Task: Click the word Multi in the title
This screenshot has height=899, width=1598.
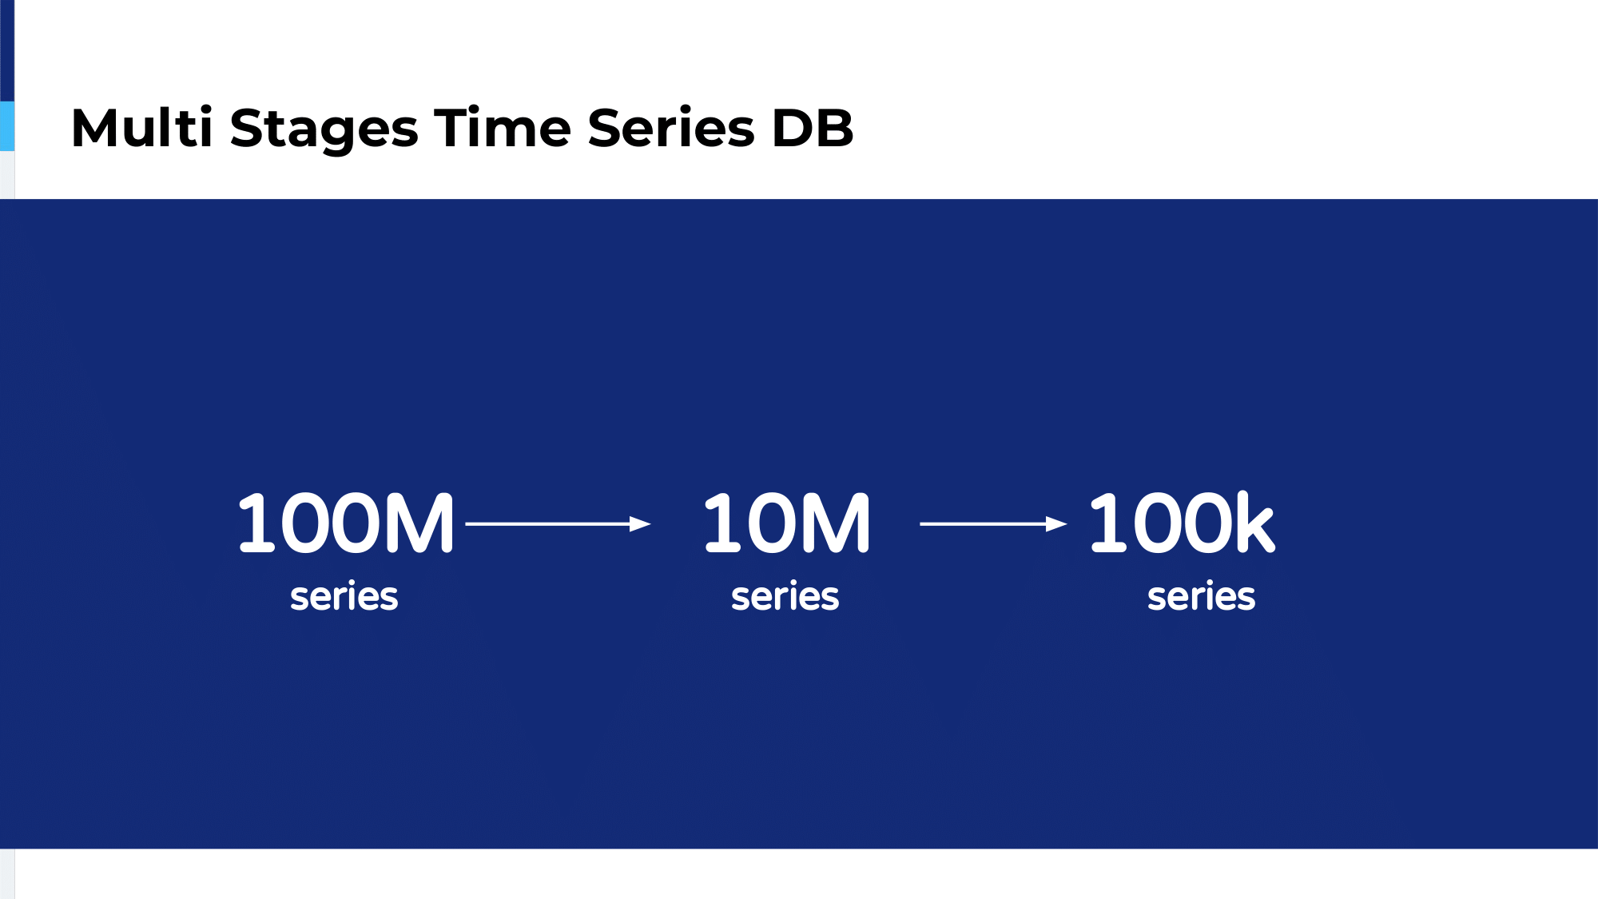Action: (x=142, y=127)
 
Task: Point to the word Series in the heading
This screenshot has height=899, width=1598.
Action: (x=671, y=127)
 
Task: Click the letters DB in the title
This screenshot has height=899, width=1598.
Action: (x=813, y=128)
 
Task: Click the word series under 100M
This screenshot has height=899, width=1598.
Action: (x=344, y=597)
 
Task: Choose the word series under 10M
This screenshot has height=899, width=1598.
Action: (x=785, y=597)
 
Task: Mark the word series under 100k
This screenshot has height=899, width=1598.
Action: (x=1202, y=597)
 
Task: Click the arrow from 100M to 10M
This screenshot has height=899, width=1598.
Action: (x=559, y=523)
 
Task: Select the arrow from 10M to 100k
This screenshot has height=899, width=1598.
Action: (x=994, y=523)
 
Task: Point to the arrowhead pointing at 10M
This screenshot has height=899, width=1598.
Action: (x=641, y=523)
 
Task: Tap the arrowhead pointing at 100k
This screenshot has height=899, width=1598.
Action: (x=1057, y=523)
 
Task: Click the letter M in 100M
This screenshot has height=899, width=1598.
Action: (x=419, y=523)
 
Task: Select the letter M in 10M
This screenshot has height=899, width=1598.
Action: (x=835, y=523)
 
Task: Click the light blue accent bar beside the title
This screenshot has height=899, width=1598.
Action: (x=7, y=126)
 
